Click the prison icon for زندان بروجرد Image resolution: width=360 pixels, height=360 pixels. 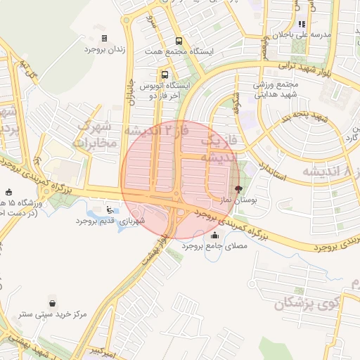click(x=105, y=38)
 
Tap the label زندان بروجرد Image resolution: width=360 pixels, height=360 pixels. click(x=104, y=50)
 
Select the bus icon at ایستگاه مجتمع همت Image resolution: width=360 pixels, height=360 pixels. click(x=178, y=41)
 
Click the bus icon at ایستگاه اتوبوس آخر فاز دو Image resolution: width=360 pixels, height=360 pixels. click(x=165, y=75)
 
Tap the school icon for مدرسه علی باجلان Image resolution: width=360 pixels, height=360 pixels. click(x=302, y=24)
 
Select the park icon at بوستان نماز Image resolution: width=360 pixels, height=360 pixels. click(x=238, y=189)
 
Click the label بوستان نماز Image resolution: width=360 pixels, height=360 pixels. click(x=238, y=201)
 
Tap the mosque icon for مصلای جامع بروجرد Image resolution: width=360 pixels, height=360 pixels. click(x=214, y=235)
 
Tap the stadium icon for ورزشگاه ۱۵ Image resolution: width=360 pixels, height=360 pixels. click(x=8, y=192)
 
